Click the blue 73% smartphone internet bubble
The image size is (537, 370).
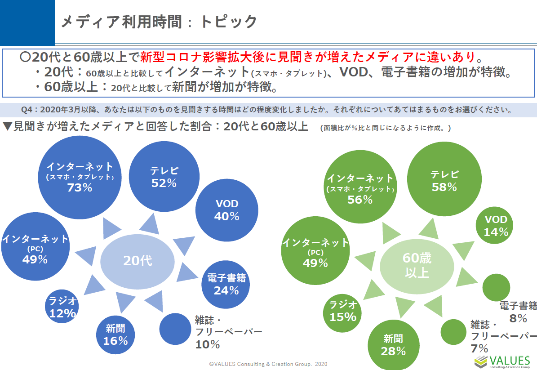click(x=80, y=177)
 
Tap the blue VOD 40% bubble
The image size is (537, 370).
click(x=227, y=210)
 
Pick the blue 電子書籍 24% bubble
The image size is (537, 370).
click(x=226, y=284)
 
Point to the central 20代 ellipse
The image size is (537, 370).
click(x=138, y=260)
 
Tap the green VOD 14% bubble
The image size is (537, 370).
click(x=496, y=226)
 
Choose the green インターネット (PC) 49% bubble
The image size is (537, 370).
click(x=315, y=252)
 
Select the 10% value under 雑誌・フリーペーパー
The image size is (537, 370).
click(x=207, y=345)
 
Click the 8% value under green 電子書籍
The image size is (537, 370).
click(x=518, y=318)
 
